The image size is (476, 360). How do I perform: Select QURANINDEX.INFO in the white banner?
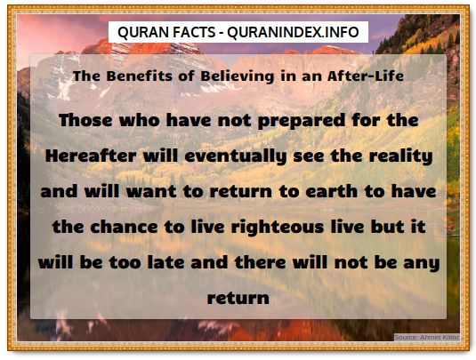[x=293, y=32]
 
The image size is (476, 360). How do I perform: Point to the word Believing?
[x=238, y=76]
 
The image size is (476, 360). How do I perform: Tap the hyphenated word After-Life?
[x=366, y=76]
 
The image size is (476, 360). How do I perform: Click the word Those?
[x=85, y=120]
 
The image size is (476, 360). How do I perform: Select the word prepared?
[x=302, y=121]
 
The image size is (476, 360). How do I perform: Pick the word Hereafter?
[x=91, y=156]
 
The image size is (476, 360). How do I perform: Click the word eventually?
[x=236, y=156]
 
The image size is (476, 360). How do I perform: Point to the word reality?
[x=400, y=156]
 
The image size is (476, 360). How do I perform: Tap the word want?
[x=151, y=191]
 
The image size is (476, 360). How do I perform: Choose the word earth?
[x=332, y=191]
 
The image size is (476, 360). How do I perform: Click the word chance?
[x=124, y=227]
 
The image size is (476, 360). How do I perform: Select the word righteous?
[x=278, y=228]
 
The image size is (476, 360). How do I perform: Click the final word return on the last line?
[x=238, y=298]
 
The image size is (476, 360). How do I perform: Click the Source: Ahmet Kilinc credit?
[x=427, y=337]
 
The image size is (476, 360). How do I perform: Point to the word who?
[x=140, y=120]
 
